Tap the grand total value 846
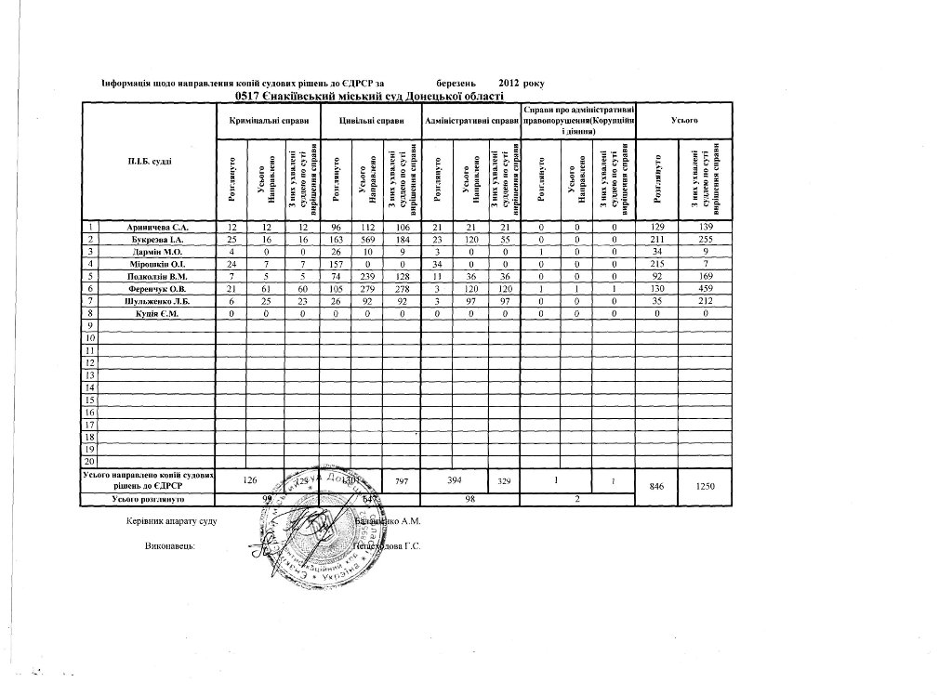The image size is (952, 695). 657,487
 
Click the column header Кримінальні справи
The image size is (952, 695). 268,121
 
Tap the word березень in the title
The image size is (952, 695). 456,84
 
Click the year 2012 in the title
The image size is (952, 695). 509,84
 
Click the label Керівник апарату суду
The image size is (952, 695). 171,520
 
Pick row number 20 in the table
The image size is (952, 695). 91,461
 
